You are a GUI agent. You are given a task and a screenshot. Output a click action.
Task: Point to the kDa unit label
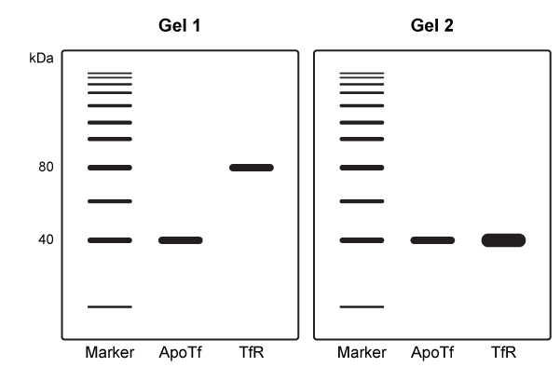pyautogui.click(x=42, y=58)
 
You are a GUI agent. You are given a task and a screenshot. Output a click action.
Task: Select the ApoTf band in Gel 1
pyautogui.click(x=180, y=240)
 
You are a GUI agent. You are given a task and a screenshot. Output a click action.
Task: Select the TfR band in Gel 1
pyautogui.click(x=252, y=168)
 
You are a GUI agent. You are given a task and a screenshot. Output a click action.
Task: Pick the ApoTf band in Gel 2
pyautogui.click(x=432, y=240)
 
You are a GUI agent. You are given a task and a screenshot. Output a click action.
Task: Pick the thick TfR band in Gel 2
pyautogui.click(x=503, y=240)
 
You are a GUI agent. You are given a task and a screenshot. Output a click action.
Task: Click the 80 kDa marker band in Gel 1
pyautogui.click(x=110, y=168)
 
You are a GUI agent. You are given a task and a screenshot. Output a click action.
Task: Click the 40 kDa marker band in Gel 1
pyautogui.click(x=110, y=240)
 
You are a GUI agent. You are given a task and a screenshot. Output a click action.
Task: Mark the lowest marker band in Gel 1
pyautogui.click(x=110, y=306)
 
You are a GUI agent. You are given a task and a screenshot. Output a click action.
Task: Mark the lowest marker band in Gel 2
pyautogui.click(x=362, y=306)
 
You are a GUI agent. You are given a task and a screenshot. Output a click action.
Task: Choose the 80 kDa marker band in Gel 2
pyautogui.click(x=362, y=168)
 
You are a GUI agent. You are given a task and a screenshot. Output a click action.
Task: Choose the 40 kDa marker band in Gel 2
pyautogui.click(x=362, y=240)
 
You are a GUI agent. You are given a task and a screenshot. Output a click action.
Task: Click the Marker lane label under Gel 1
pyautogui.click(x=110, y=353)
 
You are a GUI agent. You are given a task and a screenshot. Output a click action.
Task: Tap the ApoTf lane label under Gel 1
pyautogui.click(x=180, y=353)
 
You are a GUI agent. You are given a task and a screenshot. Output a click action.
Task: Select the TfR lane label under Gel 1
pyautogui.click(x=252, y=353)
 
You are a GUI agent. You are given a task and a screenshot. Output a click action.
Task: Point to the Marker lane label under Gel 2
pyautogui.click(x=362, y=353)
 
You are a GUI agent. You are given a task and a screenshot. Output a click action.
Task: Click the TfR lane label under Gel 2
pyautogui.click(x=503, y=353)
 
